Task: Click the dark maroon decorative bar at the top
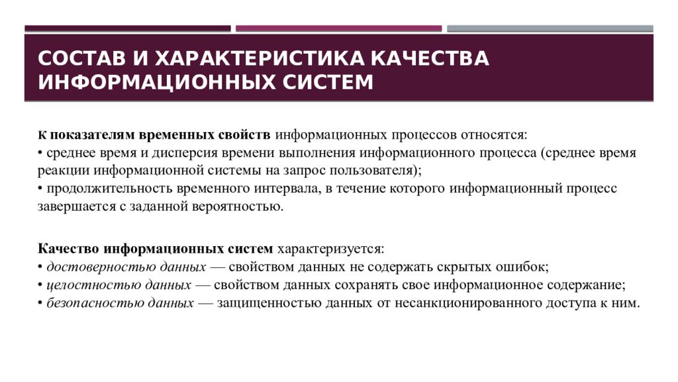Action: click(128, 29)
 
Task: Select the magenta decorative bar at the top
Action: click(338, 29)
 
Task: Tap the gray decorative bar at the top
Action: click(550, 29)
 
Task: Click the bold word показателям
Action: click(91, 135)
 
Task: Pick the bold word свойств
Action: click(244, 135)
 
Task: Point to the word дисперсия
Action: click(150, 153)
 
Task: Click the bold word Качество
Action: click(68, 249)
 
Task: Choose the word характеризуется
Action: click(330, 249)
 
